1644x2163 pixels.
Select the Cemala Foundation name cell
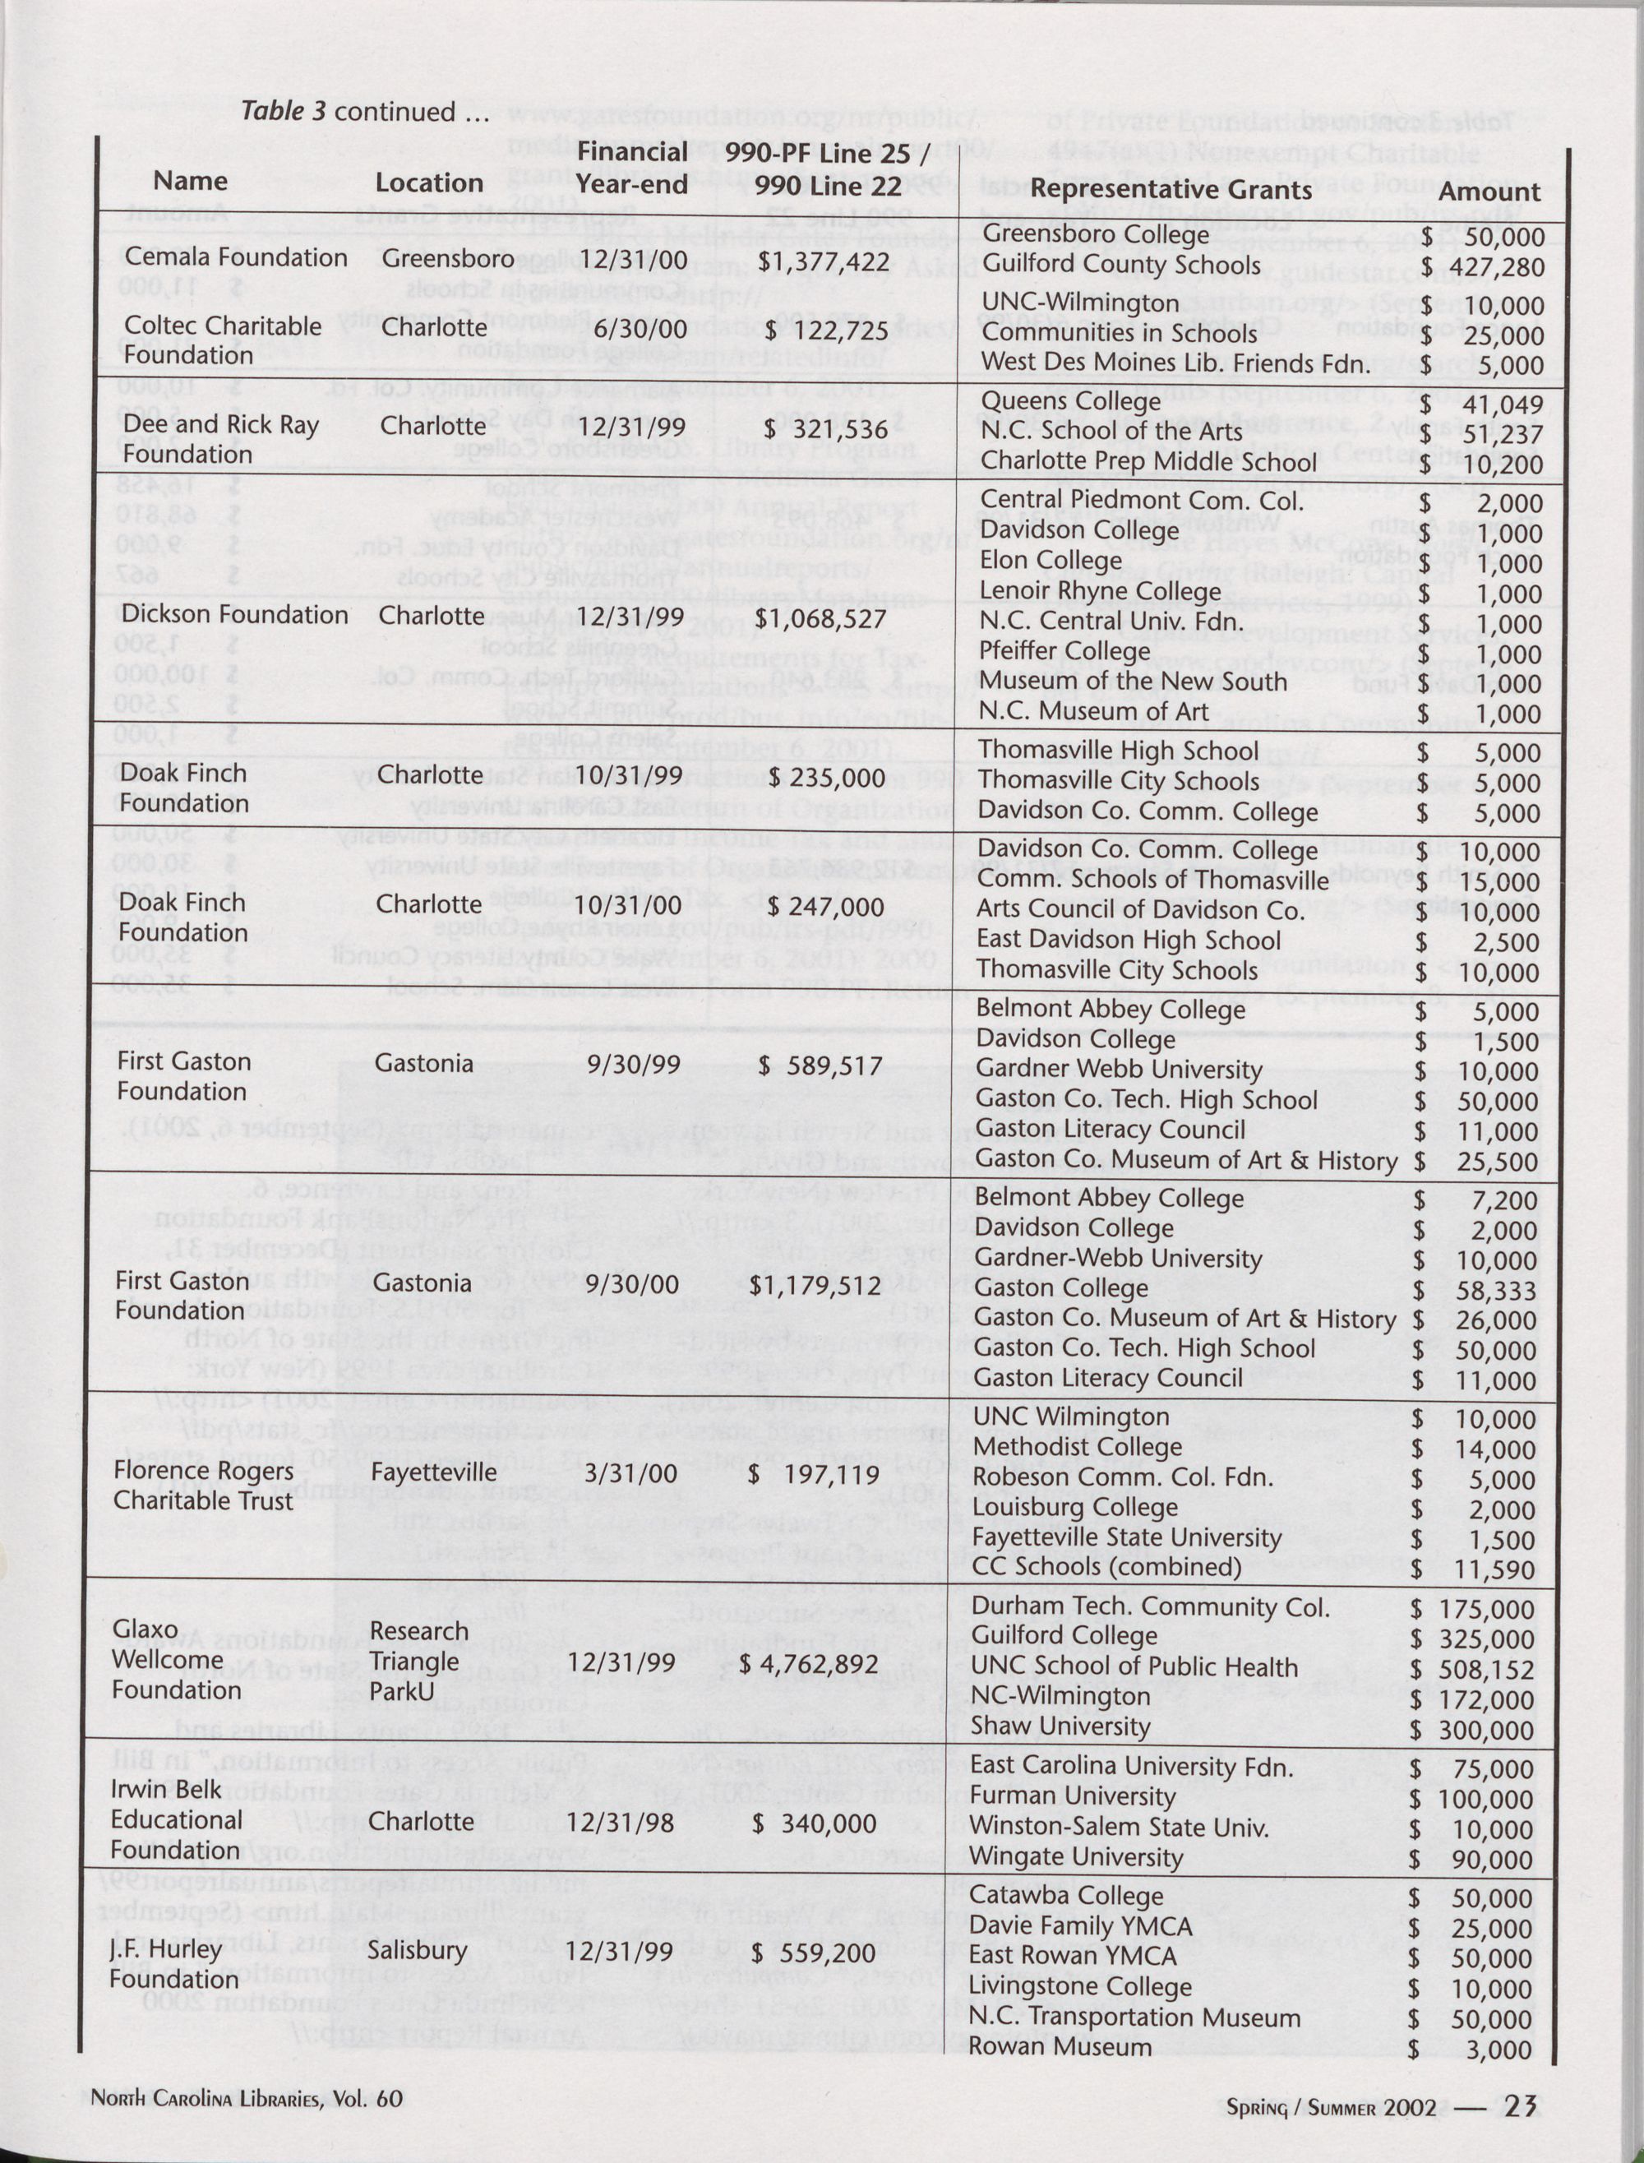pyautogui.click(x=236, y=257)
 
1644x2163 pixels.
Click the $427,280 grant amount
pyautogui.click(x=1483, y=267)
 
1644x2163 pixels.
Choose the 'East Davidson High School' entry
pyautogui.click(x=1129, y=940)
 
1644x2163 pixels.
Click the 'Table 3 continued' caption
pyautogui.click(x=364, y=111)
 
